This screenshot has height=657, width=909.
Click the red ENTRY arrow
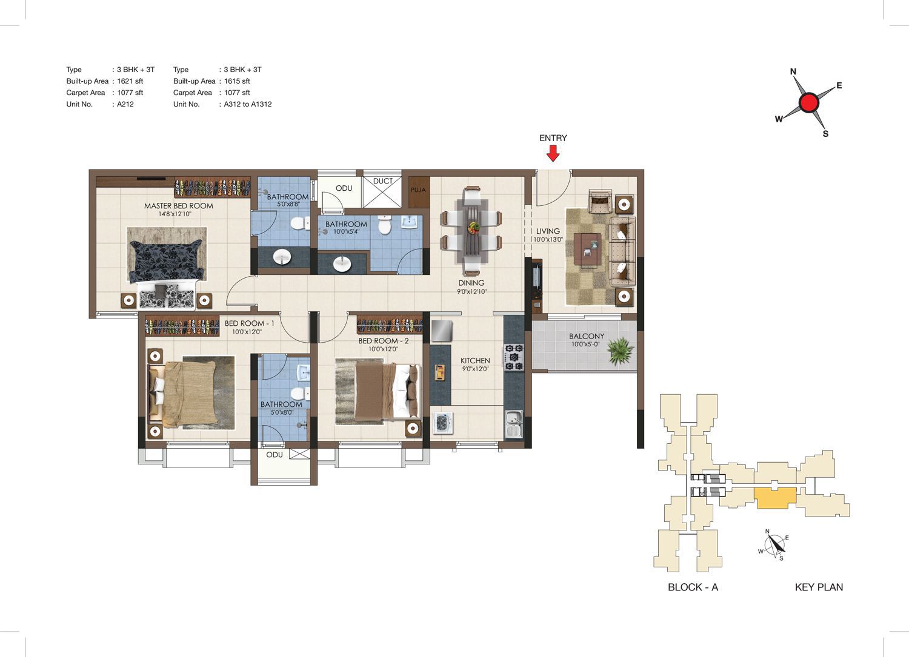(x=553, y=153)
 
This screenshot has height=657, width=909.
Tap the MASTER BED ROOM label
(x=179, y=206)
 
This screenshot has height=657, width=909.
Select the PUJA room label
(x=418, y=190)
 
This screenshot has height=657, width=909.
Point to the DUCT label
(x=382, y=181)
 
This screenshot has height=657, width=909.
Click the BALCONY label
(x=587, y=336)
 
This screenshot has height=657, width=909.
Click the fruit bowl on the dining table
(x=473, y=227)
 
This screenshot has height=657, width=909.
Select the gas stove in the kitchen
(x=514, y=357)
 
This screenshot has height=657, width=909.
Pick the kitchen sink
(x=514, y=424)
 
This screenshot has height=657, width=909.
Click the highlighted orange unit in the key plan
(x=775, y=498)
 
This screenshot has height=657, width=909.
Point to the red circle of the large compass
(x=809, y=102)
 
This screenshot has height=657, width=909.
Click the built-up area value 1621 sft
(x=130, y=81)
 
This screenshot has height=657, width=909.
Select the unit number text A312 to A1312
(x=247, y=104)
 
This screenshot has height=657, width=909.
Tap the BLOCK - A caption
(x=693, y=587)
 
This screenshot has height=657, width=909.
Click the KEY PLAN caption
(x=819, y=587)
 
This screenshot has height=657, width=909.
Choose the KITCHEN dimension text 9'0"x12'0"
(x=475, y=369)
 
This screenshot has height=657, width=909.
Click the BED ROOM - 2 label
(x=384, y=341)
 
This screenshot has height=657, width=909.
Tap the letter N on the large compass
(x=793, y=72)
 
